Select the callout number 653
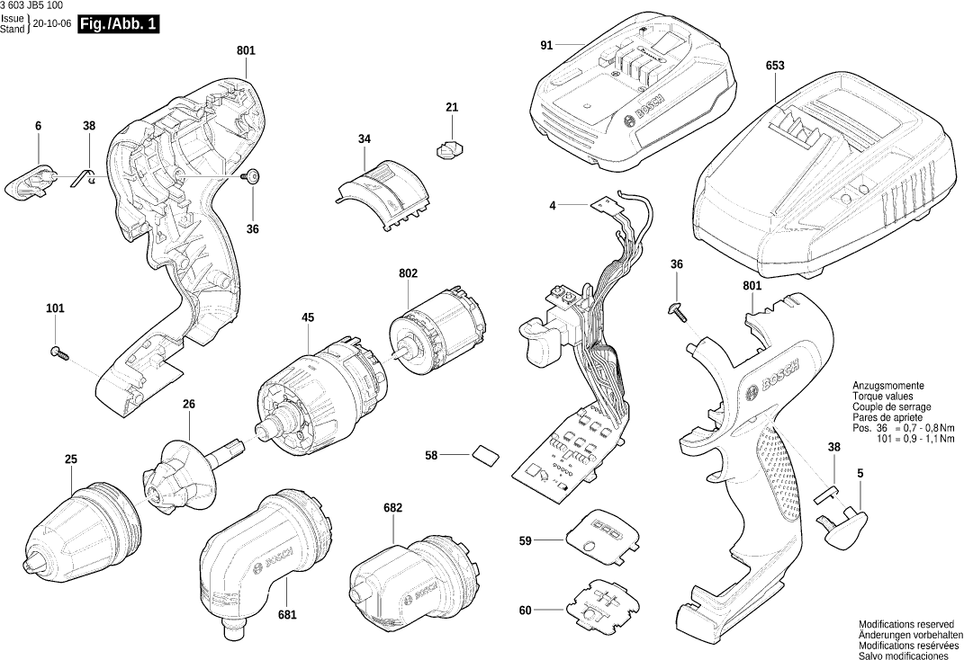(775, 66)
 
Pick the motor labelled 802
(438, 334)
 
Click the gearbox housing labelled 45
(315, 396)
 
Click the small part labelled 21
(450, 147)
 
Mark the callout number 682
(392, 508)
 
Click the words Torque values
(884, 396)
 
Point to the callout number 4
(553, 206)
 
